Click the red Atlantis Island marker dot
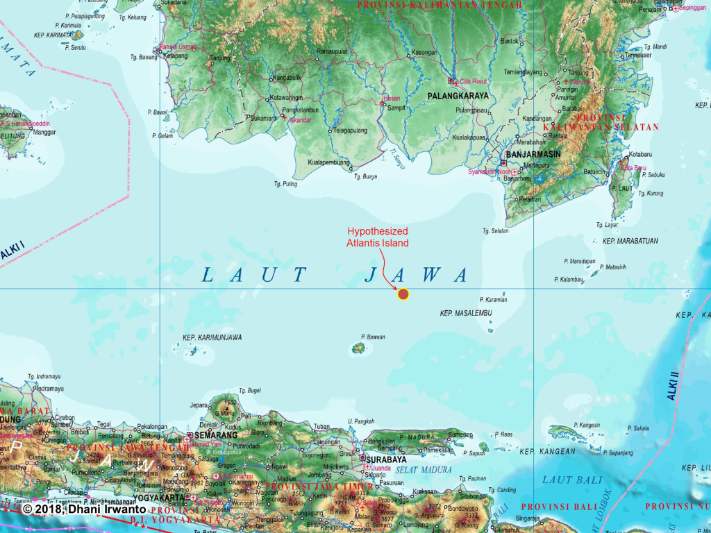point(403,294)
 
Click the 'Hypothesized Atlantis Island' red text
point(377,237)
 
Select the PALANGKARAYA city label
point(458,96)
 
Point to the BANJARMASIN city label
point(535,154)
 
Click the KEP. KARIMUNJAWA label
point(212,337)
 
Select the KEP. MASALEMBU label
point(466,314)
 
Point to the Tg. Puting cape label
point(285,184)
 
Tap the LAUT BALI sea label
point(567,480)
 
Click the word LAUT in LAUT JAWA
point(254,275)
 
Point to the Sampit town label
point(396,108)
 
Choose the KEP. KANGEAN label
point(548,451)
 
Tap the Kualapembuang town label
point(330,162)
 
